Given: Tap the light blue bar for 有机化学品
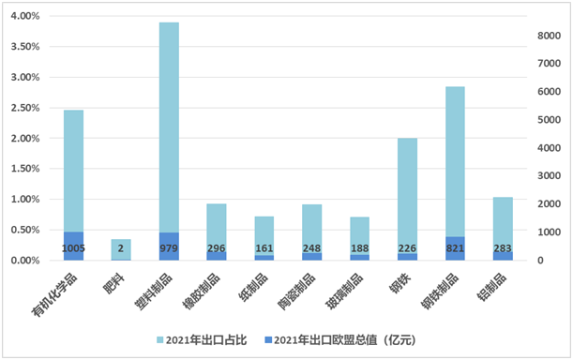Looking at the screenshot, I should (x=73, y=169).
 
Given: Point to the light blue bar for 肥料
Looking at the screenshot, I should (x=121, y=246).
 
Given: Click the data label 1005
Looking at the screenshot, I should (x=73, y=248).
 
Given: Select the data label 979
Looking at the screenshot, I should (x=169, y=248).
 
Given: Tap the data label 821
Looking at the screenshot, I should (x=455, y=248).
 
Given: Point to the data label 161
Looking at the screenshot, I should (x=264, y=248).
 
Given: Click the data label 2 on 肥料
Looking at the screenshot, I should (x=121, y=248).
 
